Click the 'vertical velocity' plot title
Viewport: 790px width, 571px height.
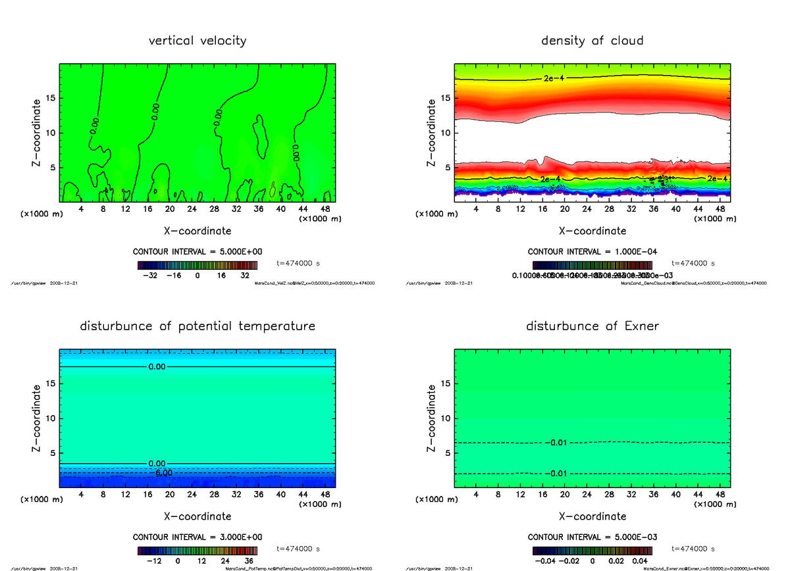197,41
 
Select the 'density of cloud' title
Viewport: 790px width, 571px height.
592,41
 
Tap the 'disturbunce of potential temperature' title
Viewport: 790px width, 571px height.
197,326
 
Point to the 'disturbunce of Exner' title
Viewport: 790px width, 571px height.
592,326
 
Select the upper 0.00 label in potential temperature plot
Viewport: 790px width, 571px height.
157,366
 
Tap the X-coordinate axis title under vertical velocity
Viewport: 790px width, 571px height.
197,231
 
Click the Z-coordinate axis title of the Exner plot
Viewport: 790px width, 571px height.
432,418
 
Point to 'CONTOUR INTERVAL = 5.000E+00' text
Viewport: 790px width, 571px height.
197,252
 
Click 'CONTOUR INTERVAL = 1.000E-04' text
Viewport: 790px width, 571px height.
592,252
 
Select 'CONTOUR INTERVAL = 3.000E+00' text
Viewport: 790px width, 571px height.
197,537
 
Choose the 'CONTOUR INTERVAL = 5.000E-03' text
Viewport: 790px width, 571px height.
592,537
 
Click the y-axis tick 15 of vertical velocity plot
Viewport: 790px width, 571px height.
49,99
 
